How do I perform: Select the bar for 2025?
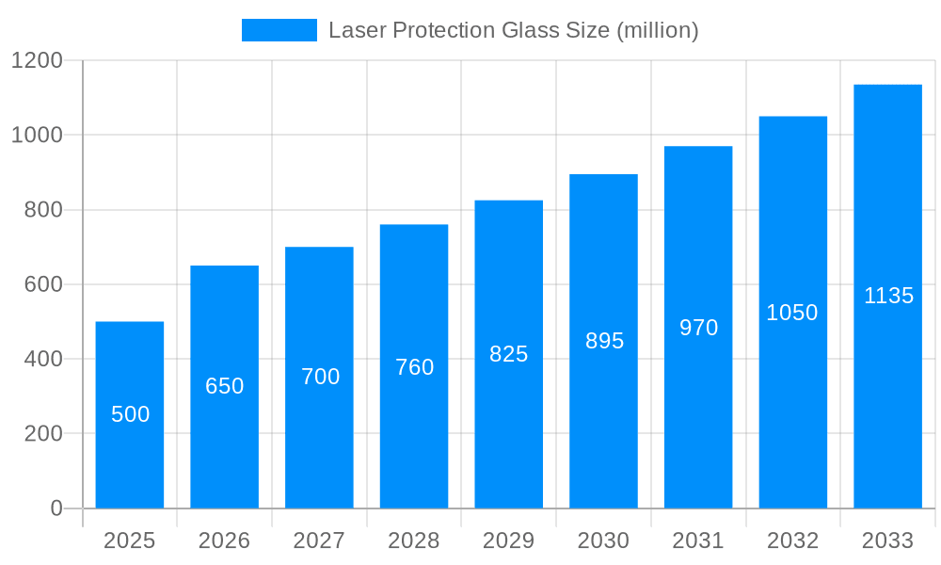pos(130,414)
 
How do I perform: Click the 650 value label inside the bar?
pos(225,386)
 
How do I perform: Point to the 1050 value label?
pos(792,313)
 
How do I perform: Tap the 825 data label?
pos(509,354)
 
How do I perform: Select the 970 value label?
pos(698,328)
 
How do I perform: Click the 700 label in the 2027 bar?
pos(320,377)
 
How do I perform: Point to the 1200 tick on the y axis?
pos(37,60)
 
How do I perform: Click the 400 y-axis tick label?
pos(43,359)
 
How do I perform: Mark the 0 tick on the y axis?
pos(56,508)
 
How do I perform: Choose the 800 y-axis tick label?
pos(43,210)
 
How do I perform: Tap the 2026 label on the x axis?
pos(225,541)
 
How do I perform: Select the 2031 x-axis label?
pos(698,541)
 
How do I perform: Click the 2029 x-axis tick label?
pos(509,541)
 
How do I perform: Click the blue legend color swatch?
pos(279,30)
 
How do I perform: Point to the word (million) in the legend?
pos(657,30)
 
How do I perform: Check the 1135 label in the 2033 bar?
pos(888,296)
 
